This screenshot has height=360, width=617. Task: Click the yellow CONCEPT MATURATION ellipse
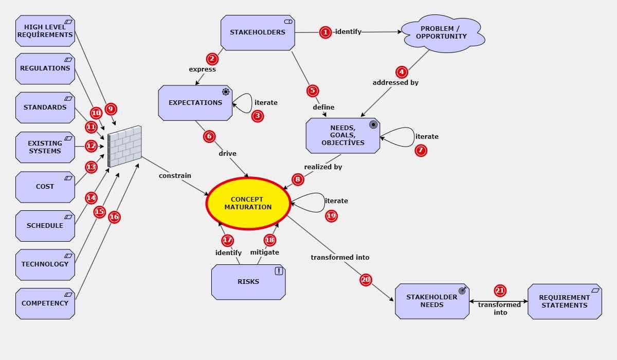248,203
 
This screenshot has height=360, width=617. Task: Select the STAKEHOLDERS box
257,32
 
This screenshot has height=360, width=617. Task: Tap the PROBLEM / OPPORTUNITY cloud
442,33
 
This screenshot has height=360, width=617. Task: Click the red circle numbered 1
325,32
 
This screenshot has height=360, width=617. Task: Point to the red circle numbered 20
366,280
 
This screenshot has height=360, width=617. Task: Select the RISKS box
248,282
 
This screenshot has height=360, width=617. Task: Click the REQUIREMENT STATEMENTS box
564,301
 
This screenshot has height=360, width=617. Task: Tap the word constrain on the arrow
175,175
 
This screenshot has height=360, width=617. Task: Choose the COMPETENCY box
45,303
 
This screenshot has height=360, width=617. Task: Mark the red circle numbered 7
421,151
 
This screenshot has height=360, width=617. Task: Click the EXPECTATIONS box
195,103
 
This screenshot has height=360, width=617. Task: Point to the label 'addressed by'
395,82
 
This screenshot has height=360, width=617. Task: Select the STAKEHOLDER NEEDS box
431,301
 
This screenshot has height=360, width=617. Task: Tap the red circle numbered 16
114,217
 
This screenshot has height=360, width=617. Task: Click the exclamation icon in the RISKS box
279,271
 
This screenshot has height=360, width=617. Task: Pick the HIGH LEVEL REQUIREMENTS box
45,31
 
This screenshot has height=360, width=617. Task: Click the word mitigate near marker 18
264,252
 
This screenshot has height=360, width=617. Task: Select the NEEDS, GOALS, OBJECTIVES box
342,136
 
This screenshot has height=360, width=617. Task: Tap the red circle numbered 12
91,146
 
